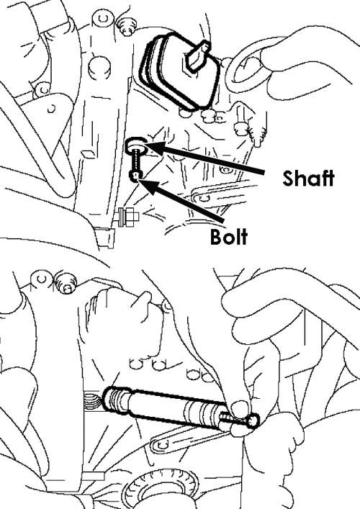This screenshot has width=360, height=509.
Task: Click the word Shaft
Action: (308, 178)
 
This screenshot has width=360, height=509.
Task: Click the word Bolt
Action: (229, 237)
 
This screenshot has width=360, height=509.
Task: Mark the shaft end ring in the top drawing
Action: (136, 145)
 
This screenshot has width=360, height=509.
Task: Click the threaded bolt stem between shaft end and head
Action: (135, 162)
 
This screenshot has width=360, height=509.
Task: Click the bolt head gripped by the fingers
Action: (253, 420)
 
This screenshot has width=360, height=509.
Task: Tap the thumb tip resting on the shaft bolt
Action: (238, 407)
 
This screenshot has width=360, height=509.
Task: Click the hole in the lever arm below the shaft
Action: (158, 444)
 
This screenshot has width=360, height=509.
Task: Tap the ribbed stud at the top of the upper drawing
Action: (127, 26)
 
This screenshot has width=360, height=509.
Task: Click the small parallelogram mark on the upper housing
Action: (86, 153)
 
